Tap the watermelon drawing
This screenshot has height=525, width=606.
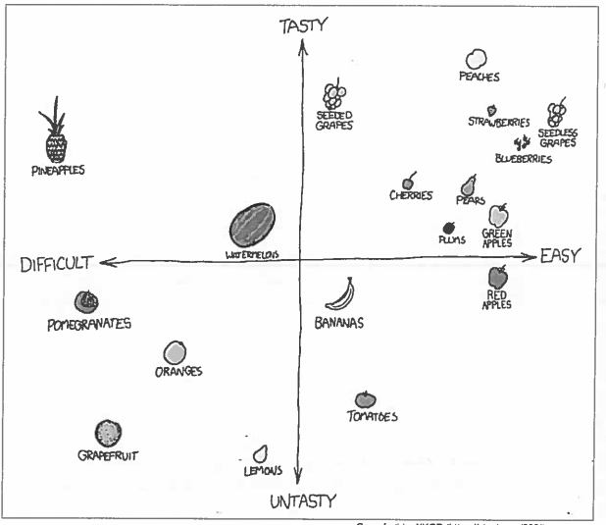point(252,226)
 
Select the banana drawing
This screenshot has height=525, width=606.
point(339,293)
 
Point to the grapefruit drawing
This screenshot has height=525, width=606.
point(108,433)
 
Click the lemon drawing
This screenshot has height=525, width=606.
point(261,453)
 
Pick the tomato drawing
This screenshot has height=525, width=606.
point(365,399)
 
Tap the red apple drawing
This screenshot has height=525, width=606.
point(497,279)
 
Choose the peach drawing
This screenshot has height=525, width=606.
point(476,60)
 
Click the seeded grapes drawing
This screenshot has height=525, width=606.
point(334,95)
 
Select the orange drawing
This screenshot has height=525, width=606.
point(175,351)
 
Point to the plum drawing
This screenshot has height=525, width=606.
point(449,228)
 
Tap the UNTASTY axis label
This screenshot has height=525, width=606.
point(304,502)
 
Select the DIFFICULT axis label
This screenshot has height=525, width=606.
point(56,263)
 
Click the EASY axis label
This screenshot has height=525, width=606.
point(560,255)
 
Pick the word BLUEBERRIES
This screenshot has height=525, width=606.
point(523,158)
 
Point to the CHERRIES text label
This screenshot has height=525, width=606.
point(411,195)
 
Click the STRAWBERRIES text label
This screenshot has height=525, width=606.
point(498,123)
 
